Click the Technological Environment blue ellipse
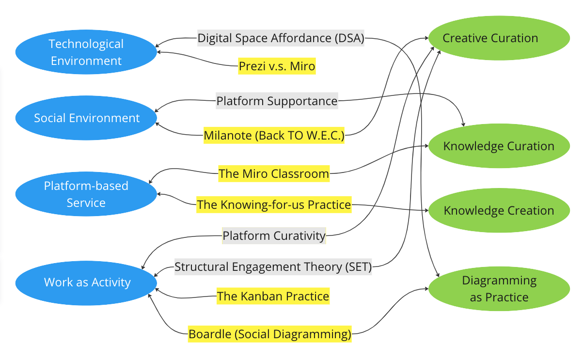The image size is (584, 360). [86, 52]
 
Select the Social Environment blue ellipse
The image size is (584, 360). [86, 118]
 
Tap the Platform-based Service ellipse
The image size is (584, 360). [86, 194]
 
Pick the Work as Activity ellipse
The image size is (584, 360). [86, 283]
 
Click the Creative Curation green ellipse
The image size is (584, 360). [499, 38]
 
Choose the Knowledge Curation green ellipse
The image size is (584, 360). [499, 146]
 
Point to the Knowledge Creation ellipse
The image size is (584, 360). [499, 210]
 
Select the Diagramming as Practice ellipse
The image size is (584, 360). [499, 289]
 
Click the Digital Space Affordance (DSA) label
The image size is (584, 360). [281, 38]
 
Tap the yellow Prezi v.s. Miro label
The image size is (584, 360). [277, 66]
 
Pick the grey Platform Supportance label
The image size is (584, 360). [277, 101]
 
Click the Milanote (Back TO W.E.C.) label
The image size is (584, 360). [274, 136]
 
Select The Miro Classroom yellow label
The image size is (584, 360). [274, 173]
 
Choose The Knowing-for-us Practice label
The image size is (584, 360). [274, 204]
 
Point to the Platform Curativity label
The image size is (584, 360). [274, 235]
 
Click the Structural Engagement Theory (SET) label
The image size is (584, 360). [273, 266]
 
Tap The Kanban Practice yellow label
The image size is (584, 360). [273, 296]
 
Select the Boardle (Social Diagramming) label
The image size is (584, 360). [270, 334]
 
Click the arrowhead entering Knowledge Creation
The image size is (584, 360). [427, 210]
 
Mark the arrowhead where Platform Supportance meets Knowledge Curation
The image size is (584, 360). [463, 125]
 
